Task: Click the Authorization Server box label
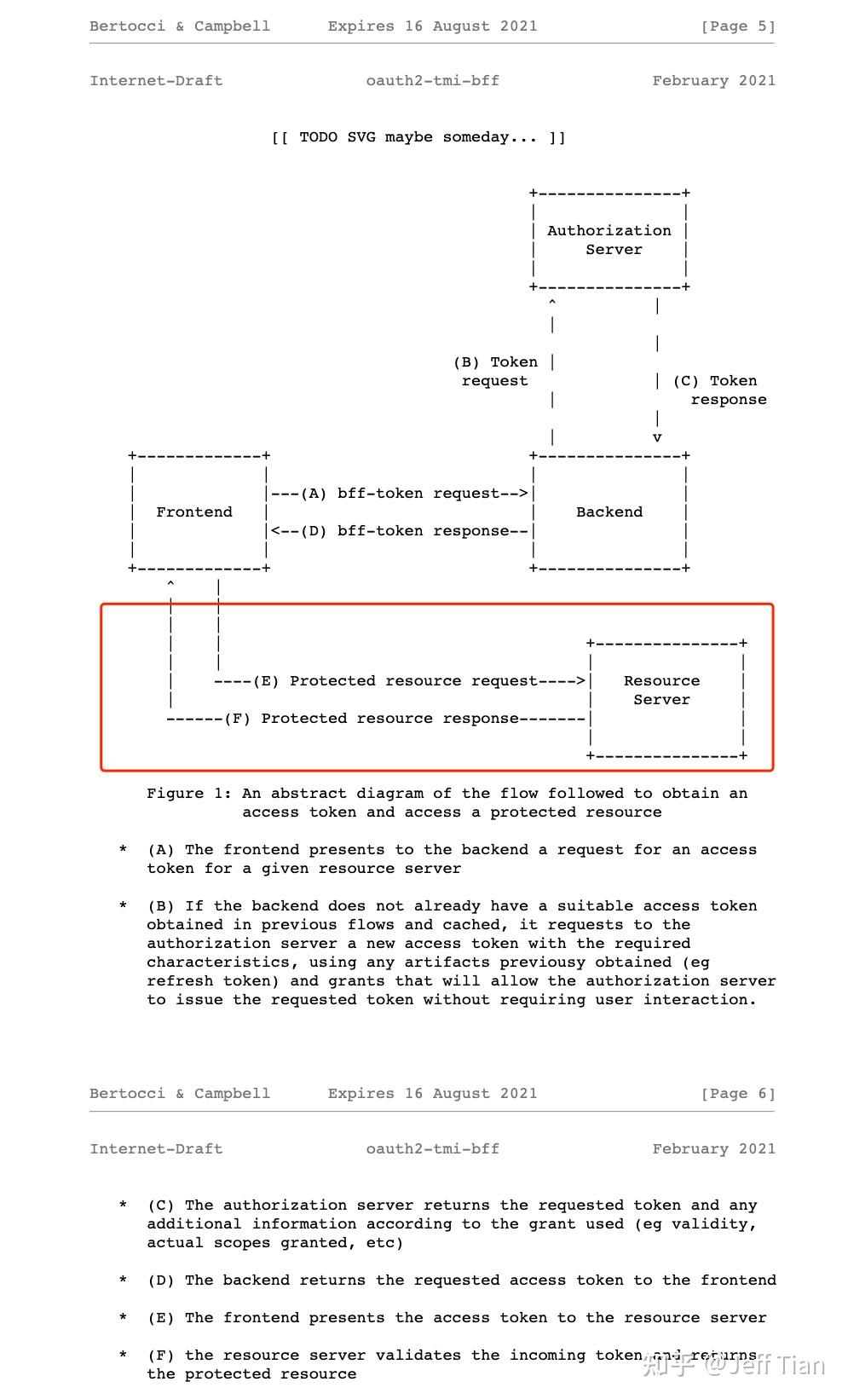pos(609,240)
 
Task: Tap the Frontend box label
pos(194,512)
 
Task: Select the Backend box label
pos(609,512)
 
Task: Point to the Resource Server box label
pos(661,690)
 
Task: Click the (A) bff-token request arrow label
pos(400,494)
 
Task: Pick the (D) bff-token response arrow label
pos(400,531)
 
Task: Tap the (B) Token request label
pos(495,372)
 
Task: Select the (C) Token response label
pos(720,390)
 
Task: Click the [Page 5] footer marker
pos(738,26)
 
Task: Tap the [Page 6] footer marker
pos(738,1094)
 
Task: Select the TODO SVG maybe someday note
pos(418,137)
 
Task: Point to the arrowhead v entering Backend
pos(657,438)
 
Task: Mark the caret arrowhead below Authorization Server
pos(553,304)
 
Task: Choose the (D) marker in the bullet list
pos(160,1280)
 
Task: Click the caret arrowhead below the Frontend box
pos(171,585)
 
